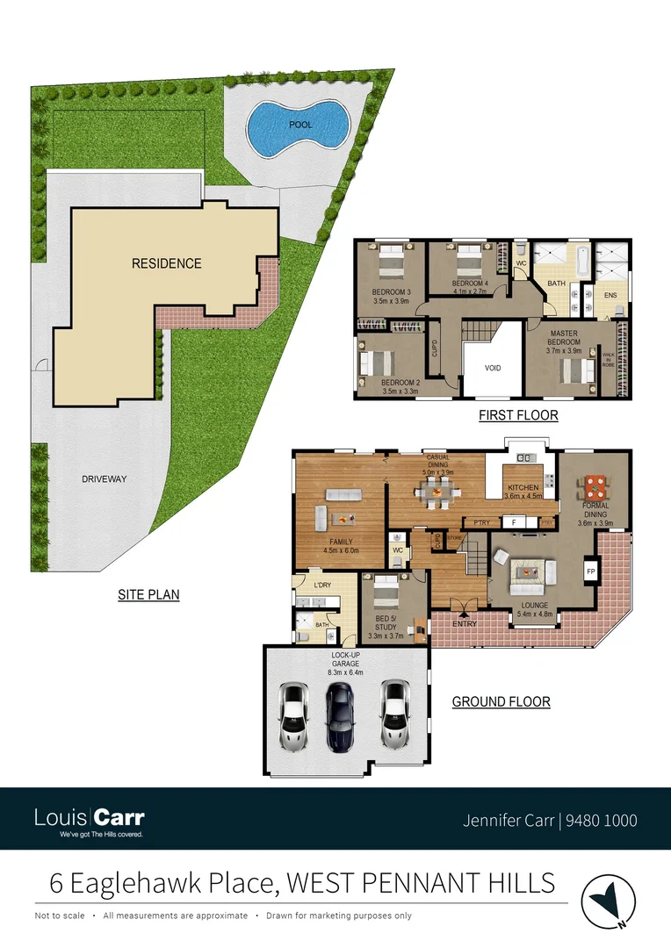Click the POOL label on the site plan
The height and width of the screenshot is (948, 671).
[x=300, y=126]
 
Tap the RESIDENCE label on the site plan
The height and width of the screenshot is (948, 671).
[x=167, y=263]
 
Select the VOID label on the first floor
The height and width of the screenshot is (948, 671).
[x=493, y=369]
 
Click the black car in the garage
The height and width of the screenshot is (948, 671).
[x=341, y=716]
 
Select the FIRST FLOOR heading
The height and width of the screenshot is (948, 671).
[x=518, y=415]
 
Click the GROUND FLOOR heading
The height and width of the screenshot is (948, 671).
[x=501, y=702]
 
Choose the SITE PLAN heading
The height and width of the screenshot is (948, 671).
[x=148, y=595]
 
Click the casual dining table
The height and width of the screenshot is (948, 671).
[x=436, y=495]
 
